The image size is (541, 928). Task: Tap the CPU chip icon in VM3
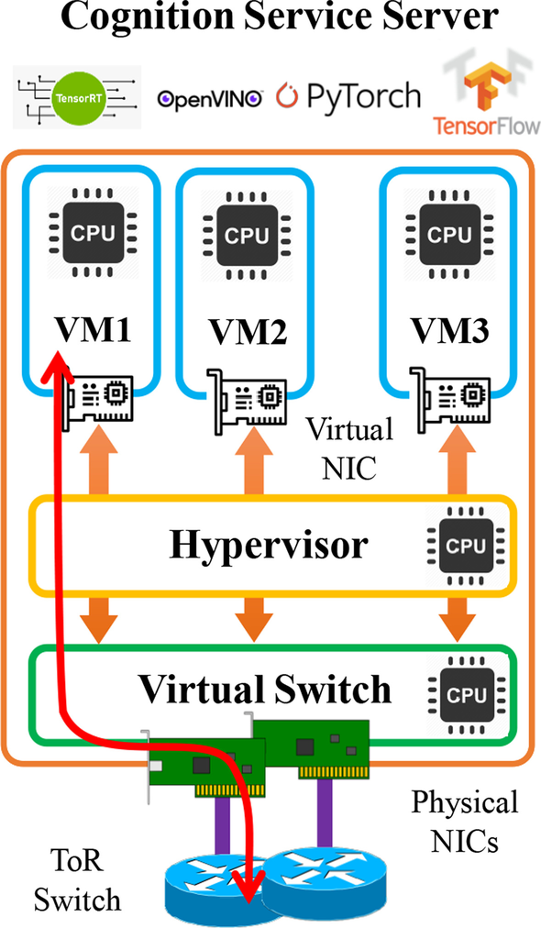(449, 235)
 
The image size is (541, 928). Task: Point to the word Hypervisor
(268, 545)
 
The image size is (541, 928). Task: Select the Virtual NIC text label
(349, 447)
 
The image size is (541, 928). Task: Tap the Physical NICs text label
(463, 822)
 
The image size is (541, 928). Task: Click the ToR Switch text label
(77, 881)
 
